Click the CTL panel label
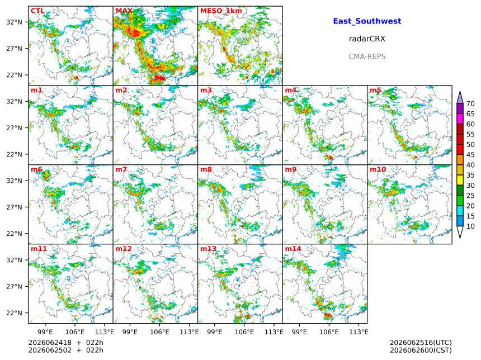click(37, 11)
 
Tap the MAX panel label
click(124, 11)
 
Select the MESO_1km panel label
click(221, 11)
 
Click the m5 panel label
click(375, 90)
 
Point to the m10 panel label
click(378, 169)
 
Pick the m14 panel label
click(293, 249)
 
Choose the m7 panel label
click(121, 169)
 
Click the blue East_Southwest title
click(367, 21)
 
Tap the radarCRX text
click(367, 39)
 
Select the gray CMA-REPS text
click(367, 56)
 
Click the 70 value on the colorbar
click(470, 103)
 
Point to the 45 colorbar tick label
click(470, 155)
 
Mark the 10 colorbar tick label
click(470, 226)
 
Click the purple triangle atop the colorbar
click(460, 98)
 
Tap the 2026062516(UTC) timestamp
click(421, 343)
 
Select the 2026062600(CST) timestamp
click(421, 350)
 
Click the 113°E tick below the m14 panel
click(359, 332)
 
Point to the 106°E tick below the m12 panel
click(159, 332)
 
